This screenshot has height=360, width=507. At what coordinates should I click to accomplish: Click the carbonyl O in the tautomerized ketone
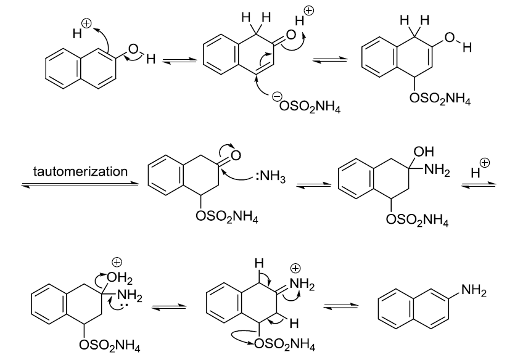(235, 154)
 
